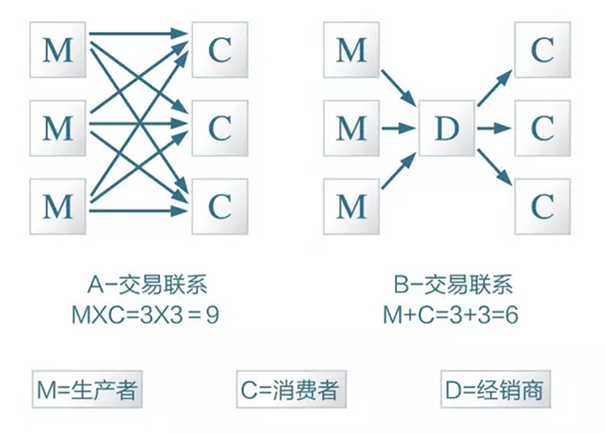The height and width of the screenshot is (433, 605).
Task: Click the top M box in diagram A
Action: click(x=59, y=50)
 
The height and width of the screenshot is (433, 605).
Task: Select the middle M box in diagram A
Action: click(x=59, y=127)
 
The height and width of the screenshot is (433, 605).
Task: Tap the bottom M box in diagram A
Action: click(x=59, y=205)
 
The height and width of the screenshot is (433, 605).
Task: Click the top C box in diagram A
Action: click(x=221, y=50)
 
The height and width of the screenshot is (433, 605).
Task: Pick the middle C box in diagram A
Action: click(x=221, y=127)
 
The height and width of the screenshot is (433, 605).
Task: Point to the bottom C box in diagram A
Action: click(x=221, y=205)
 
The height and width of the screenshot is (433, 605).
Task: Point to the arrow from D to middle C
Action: click(x=494, y=128)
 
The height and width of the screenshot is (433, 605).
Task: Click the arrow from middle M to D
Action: click(x=400, y=128)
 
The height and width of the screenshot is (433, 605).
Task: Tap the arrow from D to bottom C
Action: click(x=494, y=165)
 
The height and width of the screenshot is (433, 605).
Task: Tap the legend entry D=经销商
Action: click(x=492, y=390)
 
